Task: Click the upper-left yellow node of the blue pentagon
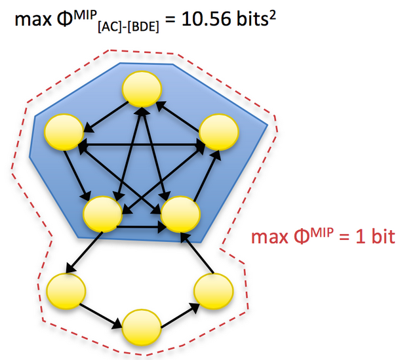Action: pos(63,131)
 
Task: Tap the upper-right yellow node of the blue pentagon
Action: pos(217,131)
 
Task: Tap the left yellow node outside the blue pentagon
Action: pos(66,290)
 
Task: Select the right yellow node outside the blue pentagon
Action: pos(214,290)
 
